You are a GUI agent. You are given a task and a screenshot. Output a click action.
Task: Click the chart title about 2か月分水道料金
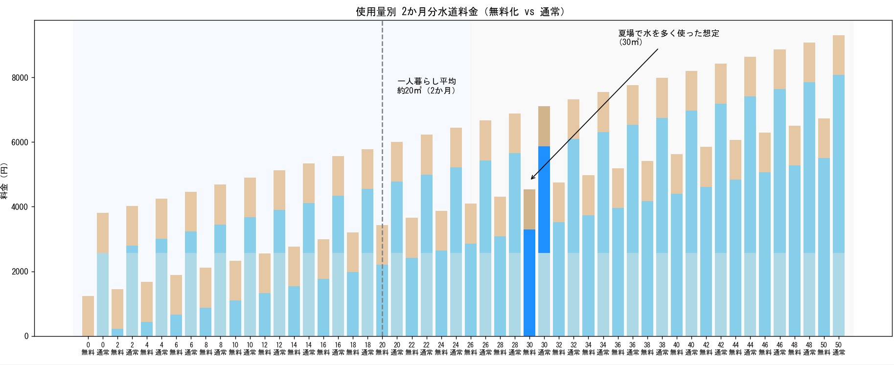(x=460, y=12)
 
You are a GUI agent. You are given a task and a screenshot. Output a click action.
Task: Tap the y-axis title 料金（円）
(x=4, y=181)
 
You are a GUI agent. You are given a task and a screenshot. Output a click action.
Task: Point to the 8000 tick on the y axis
(x=20, y=78)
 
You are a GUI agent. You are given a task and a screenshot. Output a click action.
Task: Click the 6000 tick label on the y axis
(x=20, y=142)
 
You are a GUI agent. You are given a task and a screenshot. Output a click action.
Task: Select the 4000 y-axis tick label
(x=20, y=207)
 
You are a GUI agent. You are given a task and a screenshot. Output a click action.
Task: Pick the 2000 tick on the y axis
(x=20, y=272)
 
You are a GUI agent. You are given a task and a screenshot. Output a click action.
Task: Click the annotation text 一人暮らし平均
(x=427, y=81)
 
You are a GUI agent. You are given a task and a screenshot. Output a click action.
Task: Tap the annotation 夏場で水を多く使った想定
(x=668, y=33)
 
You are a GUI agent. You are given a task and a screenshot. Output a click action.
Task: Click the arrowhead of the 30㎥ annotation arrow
(x=532, y=179)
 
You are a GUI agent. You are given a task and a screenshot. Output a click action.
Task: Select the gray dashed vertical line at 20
(x=382, y=147)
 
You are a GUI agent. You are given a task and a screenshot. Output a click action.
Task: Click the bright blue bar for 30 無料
(x=529, y=282)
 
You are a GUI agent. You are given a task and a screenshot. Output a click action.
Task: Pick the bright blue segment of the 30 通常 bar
(x=544, y=199)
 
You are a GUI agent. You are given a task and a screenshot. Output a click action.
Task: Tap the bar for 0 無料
(x=88, y=316)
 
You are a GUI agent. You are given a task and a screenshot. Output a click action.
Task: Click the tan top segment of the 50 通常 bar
(x=839, y=55)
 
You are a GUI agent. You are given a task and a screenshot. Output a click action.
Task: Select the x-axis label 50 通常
(x=839, y=348)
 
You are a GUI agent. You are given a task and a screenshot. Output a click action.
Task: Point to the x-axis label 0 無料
(x=88, y=348)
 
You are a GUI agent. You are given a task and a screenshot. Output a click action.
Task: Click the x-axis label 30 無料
(x=529, y=348)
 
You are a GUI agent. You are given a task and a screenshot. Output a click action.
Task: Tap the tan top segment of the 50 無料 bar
(x=824, y=138)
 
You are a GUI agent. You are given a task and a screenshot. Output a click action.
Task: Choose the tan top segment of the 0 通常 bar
(x=103, y=233)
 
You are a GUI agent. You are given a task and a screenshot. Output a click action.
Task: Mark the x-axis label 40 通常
(x=691, y=348)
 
